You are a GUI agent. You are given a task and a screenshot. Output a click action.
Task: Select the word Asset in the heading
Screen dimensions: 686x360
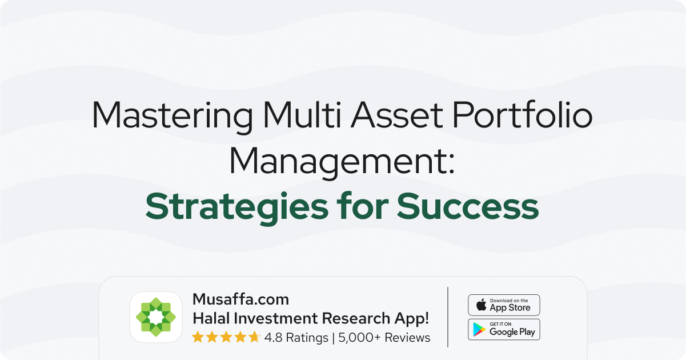click(396, 115)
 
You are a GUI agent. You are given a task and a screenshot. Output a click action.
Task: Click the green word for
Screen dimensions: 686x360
click(363, 205)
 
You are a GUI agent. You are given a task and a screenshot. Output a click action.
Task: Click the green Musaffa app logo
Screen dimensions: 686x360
click(156, 317)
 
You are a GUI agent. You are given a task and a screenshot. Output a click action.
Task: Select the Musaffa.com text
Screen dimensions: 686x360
click(240, 299)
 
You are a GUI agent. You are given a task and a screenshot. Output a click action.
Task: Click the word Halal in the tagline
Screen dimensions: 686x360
click(211, 318)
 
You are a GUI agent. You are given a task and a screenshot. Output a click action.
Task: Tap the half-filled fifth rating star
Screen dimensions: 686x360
click(254, 337)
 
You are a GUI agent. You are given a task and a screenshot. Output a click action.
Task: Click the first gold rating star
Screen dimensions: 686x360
click(198, 337)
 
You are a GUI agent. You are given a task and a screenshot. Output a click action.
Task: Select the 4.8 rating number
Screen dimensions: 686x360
click(273, 338)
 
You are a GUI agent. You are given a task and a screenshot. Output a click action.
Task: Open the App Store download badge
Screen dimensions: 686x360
click(504, 305)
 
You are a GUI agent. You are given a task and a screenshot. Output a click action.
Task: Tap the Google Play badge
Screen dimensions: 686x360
click(504, 330)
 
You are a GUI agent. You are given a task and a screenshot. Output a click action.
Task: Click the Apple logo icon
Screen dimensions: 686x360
click(481, 305)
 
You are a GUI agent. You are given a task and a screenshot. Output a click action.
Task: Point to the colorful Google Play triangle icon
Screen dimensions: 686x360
click(479, 330)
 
